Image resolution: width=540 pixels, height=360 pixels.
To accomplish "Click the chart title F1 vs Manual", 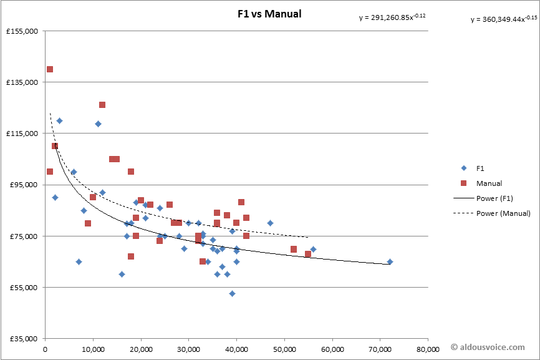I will pos(269,13).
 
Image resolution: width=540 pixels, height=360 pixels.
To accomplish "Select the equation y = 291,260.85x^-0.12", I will pos(392,17).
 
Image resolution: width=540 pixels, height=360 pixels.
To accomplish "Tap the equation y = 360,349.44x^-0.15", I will pos(503,19).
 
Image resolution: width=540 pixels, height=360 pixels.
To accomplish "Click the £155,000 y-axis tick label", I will pos(22,31).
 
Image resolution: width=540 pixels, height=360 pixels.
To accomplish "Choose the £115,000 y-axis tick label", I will pos(22,134).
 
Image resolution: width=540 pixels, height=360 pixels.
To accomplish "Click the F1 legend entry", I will pos(480,168).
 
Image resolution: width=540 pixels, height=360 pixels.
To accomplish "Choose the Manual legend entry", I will pos(488,183).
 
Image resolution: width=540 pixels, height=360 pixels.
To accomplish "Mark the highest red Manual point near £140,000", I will pos(50,69).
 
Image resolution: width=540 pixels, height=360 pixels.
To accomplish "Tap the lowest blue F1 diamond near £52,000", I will pos(232,293).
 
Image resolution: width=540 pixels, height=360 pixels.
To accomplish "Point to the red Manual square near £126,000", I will pos(102,105).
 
